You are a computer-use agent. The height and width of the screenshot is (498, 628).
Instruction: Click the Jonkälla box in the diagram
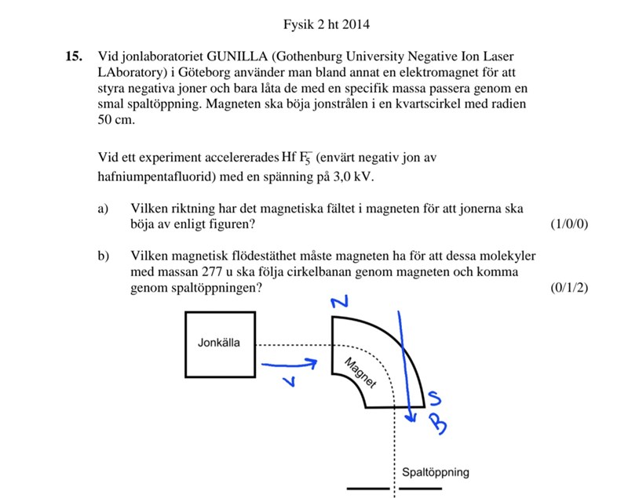[219, 344]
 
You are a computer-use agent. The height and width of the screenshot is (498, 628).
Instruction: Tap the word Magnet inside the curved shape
[360, 372]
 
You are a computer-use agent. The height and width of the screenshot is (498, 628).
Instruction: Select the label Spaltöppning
[435, 472]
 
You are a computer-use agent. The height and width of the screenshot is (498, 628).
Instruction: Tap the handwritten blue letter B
[440, 424]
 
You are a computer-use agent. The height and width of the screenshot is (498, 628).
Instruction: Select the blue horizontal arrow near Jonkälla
[289, 363]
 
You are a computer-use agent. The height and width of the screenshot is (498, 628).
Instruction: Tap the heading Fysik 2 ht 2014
[326, 24]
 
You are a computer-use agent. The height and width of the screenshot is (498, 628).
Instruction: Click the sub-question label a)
[103, 209]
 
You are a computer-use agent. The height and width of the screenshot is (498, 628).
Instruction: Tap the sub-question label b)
[103, 256]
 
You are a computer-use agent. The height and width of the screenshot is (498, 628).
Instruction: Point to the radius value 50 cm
[116, 121]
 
